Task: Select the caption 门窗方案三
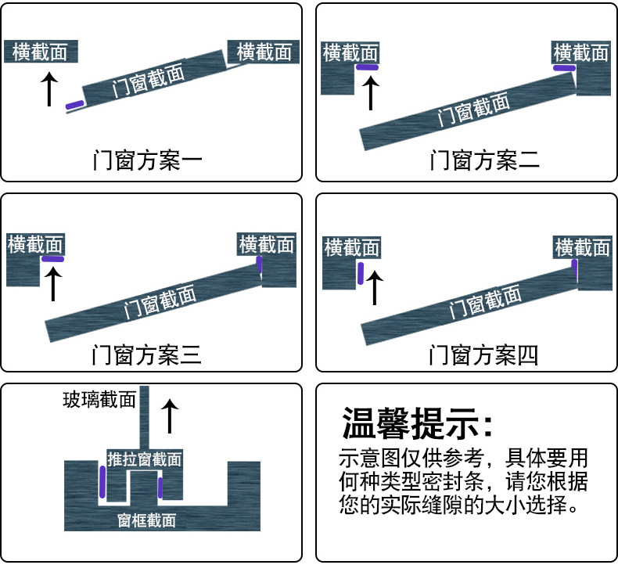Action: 147,355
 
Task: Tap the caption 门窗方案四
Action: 484,355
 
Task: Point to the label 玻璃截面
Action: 99,401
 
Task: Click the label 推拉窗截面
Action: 145,459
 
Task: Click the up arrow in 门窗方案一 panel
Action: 49,89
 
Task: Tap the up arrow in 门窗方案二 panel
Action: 371,92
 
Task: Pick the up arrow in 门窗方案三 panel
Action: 52,284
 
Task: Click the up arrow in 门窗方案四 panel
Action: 375,286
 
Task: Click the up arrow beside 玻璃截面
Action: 169,415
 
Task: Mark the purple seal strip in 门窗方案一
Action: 75,104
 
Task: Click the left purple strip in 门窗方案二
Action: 368,67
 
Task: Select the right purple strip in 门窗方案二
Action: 564,68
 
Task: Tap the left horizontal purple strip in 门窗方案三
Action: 53,258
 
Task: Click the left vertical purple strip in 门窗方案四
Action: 361,273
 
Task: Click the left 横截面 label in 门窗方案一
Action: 41,52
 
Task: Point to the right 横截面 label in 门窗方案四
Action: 582,247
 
